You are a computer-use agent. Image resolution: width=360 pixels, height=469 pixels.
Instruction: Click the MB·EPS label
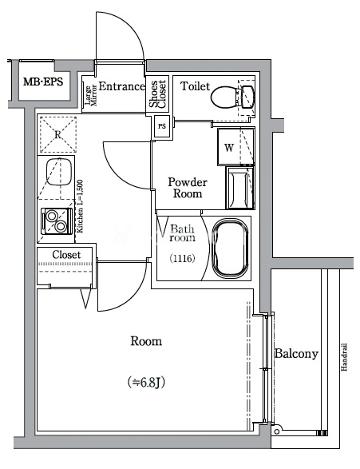[x=43, y=81]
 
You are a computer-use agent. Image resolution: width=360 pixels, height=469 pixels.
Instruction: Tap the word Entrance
[x=121, y=86]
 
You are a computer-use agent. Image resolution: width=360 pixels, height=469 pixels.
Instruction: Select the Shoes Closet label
[x=157, y=94]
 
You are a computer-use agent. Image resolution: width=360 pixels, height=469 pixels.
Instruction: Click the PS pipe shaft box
[x=161, y=126]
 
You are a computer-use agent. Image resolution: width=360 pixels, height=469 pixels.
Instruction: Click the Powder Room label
[x=188, y=188]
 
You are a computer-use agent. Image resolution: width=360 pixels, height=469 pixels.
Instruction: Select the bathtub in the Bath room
[x=230, y=248]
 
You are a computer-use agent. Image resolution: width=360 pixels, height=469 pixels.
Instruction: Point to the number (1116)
[x=182, y=258]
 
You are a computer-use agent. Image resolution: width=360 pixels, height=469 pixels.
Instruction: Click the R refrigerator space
[x=57, y=134]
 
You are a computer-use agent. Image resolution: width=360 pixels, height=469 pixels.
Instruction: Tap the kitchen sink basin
[x=58, y=172]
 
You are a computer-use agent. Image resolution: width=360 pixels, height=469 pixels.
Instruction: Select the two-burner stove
[x=57, y=221]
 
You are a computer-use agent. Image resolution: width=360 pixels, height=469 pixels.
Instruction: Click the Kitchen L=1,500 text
[x=80, y=206]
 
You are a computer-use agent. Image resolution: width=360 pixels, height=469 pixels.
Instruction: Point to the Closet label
[x=66, y=255]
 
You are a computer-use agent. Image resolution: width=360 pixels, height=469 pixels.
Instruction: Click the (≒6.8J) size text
[x=146, y=383]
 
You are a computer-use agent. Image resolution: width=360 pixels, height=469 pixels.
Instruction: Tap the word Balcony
[x=296, y=354]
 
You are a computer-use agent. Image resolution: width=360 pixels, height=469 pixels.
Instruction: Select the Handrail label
[x=344, y=357]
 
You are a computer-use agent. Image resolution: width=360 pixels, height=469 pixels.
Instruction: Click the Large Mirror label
[x=90, y=96]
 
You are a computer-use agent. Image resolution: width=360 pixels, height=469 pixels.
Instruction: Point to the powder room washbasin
[x=240, y=188]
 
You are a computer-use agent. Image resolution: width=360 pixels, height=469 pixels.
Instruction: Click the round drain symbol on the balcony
[x=277, y=432]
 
